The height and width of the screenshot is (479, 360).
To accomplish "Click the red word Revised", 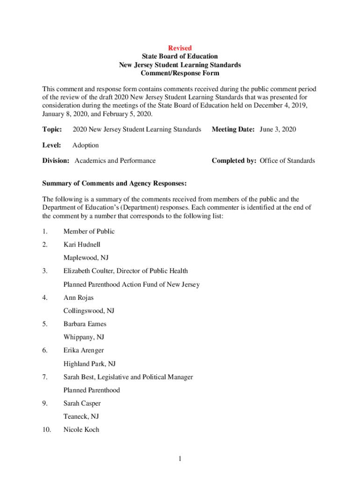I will click(x=180, y=48).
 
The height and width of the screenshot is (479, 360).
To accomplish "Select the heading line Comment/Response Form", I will click(x=180, y=73).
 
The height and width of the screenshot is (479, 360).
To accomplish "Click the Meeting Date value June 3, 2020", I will click(x=278, y=129).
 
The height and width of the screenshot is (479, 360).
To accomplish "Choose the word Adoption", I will click(x=86, y=145).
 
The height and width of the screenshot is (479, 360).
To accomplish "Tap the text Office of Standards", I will click(x=288, y=161).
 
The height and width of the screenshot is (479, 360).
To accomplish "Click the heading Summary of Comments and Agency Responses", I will click(x=115, y=183).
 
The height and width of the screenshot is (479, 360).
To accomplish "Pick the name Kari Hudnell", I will click(x=82, y=245).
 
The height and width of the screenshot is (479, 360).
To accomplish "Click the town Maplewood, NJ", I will click(x=86, y=258).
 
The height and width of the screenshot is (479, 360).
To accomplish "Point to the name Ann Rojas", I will click(x=78, y=298).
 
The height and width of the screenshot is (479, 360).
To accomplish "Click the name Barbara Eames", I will click(x=85, y=324).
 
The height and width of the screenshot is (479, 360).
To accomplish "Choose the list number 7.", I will click(x=45, y=377).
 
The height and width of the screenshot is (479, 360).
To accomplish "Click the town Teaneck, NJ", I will click(x=81, y=416).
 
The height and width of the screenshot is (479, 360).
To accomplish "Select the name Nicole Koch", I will click(x=81, y=429).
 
